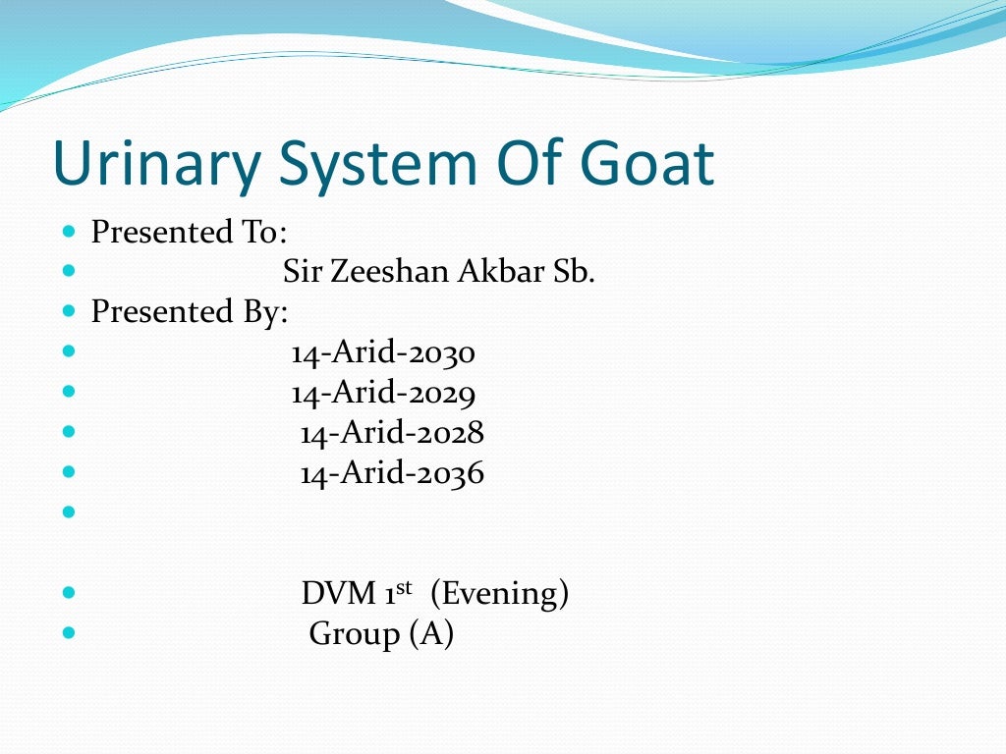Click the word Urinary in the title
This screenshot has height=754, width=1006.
tap(158, 164)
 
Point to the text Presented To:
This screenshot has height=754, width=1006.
tap(189, 233)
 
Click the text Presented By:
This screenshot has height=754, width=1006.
tap(189, 311)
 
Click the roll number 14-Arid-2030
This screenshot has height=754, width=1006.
tap(383, 351)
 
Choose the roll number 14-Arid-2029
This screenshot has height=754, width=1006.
tap(383, 393)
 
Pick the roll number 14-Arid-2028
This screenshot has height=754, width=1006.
tap(392, 433)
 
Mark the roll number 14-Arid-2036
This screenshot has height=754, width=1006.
tap(392, 474)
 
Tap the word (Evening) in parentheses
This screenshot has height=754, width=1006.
tap(499, 594)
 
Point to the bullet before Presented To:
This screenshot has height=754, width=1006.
tap(68, 233)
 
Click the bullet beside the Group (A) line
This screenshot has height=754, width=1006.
tap(68, 632)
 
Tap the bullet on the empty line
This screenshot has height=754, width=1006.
tap(68, 512)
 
